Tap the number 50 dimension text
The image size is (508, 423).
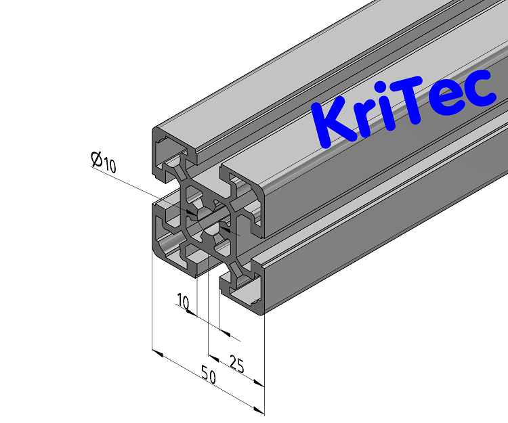tap(209, 376)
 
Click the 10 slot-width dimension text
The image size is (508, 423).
tap(182, 300)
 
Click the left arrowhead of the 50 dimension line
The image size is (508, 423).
tap(156, 353)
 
